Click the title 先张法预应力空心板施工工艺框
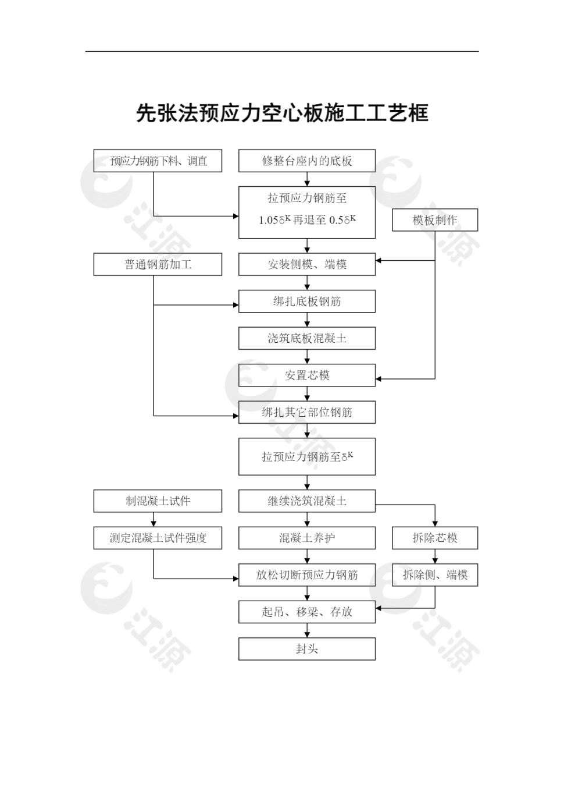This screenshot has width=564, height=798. coord(282,113)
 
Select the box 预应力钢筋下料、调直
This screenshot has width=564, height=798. coord(158,161)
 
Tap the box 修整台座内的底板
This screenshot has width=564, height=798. coord(306,161)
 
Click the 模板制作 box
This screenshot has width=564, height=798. coord(434,220)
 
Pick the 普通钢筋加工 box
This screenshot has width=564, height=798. coord(158,264)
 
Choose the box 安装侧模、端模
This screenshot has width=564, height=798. coord(306,264)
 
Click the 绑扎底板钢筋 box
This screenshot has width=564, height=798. coord(306,302)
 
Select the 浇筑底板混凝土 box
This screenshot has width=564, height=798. coord(306,338)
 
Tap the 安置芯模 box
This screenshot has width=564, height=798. coord(306,375)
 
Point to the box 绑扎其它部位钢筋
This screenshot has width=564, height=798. coord(306,412)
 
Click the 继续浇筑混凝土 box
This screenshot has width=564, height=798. coord(306,501)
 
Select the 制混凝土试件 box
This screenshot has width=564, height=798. coord(158,501)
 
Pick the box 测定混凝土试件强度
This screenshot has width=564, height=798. coord(158,538)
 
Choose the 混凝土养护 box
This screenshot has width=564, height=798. coord(306,538)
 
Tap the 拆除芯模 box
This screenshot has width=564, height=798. coord(434,538)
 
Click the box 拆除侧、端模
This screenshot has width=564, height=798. coord(434,575)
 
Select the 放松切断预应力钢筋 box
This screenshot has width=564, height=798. coord(306,575)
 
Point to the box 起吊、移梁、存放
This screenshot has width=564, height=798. coord(306,612)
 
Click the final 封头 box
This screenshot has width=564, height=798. coord(306,649)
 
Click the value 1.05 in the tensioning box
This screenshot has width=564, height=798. coord(269,221)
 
